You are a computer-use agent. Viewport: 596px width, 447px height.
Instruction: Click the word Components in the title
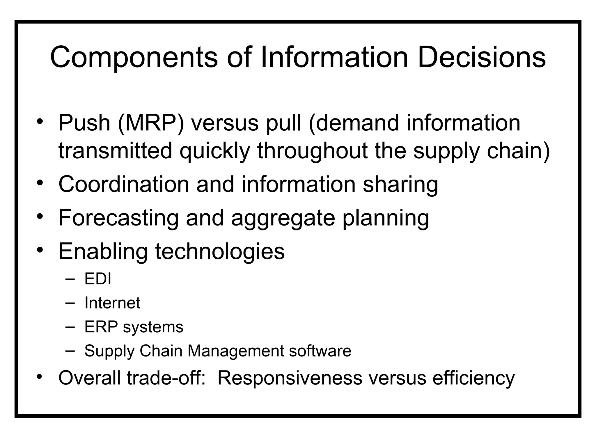coord(134,57)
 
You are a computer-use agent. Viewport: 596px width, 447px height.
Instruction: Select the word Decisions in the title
coord(482,57)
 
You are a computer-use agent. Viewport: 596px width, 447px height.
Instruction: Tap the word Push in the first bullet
coord(84,123)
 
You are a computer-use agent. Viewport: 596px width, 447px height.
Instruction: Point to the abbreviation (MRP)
coord(151,123)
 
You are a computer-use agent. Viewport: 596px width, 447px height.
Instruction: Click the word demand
coord(357,123)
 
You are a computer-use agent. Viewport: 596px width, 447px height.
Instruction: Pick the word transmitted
coord(116,151)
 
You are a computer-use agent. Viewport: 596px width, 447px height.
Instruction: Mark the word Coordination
coord(124,184)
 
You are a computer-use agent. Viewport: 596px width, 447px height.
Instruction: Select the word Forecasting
coord(118,218)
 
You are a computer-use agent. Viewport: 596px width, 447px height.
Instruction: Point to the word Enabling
coord(103,252)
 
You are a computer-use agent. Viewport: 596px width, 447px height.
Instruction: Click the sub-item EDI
coord(98,279)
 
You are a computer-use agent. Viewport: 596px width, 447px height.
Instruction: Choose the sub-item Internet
coord(112,303)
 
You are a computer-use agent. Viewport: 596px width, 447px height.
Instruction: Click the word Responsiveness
coord(290,378)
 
